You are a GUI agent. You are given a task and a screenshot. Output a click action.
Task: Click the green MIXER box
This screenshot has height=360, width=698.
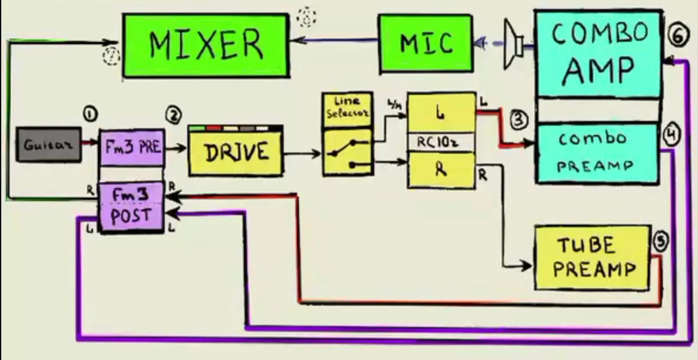point(206,45)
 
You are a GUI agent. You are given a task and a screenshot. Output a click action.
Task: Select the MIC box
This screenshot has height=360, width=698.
point(426,43)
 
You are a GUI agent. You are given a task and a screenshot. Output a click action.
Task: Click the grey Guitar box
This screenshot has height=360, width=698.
point(49,145)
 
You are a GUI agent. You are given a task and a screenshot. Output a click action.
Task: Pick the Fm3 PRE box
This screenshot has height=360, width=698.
point(132,147)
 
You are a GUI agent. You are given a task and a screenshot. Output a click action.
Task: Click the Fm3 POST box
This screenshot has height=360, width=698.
point(131,206)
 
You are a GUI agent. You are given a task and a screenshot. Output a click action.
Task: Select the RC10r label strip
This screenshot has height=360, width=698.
point(441,142)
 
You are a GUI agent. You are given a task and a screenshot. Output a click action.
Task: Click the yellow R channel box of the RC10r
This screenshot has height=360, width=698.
point(441,170)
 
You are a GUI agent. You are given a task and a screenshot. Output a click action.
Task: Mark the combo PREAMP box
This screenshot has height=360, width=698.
point(596,153)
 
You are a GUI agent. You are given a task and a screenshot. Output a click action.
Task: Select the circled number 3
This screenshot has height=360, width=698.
point(519,120)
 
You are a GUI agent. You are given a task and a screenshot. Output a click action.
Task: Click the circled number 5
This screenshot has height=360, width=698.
point(661,241)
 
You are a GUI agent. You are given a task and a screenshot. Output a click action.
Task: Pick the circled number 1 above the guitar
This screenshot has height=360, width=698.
point(90,114)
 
